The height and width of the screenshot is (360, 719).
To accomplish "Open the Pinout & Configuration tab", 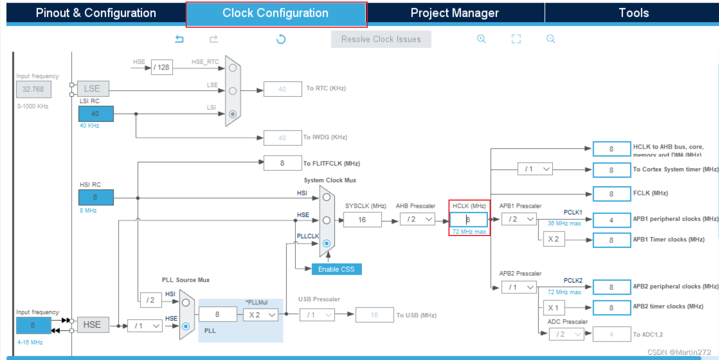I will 96,13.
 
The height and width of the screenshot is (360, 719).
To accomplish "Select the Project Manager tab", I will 454,13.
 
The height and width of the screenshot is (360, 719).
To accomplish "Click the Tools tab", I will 634,13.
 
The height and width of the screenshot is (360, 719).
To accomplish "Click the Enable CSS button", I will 336,269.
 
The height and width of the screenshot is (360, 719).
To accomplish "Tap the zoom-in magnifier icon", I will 481,39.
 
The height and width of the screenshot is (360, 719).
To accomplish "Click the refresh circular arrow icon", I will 281,39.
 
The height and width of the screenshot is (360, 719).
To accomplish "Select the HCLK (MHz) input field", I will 469,220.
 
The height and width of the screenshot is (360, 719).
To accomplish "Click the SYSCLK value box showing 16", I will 362,220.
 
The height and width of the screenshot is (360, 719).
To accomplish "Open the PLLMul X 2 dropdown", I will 261,314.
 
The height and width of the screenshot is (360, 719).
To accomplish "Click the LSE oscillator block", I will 93,89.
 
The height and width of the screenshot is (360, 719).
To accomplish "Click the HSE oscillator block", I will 93,325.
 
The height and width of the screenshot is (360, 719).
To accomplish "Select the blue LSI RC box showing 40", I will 96,114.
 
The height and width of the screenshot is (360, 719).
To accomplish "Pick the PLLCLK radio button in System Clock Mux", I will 327,243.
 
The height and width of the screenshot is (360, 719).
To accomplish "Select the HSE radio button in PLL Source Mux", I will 186,326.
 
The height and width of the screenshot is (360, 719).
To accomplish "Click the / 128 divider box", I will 161,67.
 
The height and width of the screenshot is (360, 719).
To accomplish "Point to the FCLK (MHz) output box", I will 611,194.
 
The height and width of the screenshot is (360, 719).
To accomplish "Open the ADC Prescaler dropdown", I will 566,334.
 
